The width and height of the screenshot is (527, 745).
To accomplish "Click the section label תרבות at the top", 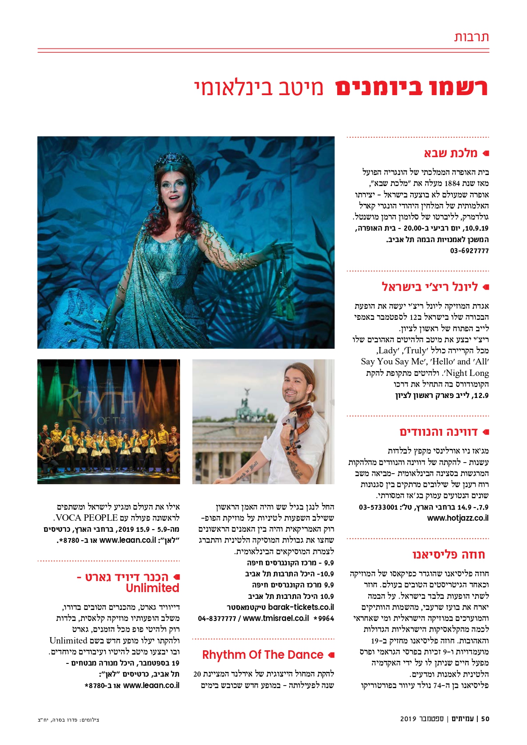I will click(471, 37).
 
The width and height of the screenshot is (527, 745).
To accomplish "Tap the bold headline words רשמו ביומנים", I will click(411, 88).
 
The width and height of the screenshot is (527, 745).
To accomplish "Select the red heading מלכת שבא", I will click(451, 153).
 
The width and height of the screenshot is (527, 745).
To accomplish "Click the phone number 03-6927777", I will click(469, 251).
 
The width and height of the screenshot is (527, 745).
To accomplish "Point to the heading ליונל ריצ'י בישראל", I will click(430, 287).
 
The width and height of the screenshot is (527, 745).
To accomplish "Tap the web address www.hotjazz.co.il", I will click(458, 518).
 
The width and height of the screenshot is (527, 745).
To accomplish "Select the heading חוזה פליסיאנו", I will click(448, 555).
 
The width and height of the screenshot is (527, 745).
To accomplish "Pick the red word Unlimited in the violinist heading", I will click(152, 588).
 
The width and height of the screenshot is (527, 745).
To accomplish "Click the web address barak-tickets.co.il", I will click(301, 607).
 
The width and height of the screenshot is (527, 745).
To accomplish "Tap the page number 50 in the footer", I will click(485, 719).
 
